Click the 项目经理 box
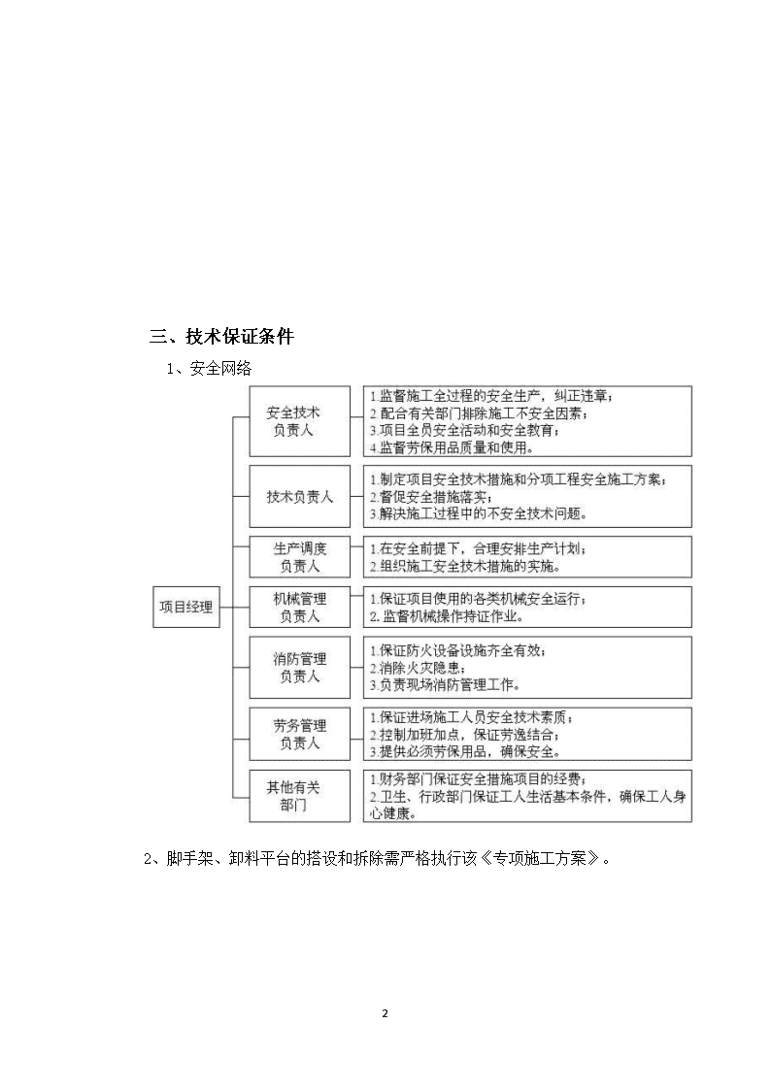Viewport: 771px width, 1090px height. [x=186, y=607]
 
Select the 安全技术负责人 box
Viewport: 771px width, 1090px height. [x=300, y=421]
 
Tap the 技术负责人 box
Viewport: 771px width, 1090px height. [x=300, y=496]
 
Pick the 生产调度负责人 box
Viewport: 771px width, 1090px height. [x=300, y=557]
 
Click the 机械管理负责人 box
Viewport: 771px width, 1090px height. [x=300, y=607]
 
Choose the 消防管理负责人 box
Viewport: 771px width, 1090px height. [x=300, y=668]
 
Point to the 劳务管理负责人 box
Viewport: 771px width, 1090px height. [x=300, y=734]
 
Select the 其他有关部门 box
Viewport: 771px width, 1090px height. [x=300, y=796]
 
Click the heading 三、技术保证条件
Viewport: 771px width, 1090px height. [x=221, y=337]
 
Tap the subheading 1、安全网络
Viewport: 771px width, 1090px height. [x=209, y=369]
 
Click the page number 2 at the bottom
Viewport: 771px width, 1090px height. [x=385, y=1013]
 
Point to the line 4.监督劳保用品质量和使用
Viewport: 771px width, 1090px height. [x=452, y=447]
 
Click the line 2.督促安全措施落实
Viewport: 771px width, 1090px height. [x=431, y=497]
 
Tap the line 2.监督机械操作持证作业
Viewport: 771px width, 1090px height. [x=447, y=616]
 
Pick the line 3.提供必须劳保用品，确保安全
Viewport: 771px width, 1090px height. [x=465, y=751]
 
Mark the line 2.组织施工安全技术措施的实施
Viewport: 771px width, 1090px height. [x=465, y=567]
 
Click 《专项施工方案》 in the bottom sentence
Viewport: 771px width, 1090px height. [x=540, y=859]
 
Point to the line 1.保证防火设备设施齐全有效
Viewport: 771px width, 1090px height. [x=457, y=650]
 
